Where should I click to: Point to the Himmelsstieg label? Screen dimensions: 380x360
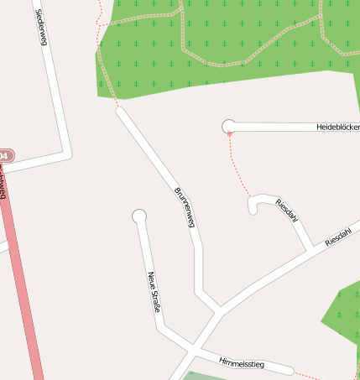point(241,362)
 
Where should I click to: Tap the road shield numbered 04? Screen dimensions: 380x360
point(5,156)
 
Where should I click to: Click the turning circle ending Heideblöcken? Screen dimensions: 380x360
point(228,127)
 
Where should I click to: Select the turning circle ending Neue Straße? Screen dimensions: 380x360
point(139,216)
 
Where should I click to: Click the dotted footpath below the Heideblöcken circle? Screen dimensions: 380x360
point(239,168)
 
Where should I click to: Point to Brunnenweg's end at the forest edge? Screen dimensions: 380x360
point(119,110)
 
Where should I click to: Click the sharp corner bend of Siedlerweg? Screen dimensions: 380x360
point(67,154)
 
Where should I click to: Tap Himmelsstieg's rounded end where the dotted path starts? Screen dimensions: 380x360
point(290,370)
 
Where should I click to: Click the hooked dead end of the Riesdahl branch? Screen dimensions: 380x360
point(253,209)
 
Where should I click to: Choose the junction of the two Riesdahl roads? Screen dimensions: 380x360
point(310,250)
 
